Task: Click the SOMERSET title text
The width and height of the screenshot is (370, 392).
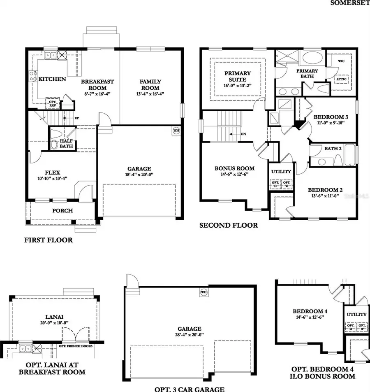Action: (350, 4)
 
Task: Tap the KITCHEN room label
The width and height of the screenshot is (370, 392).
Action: (52, 79)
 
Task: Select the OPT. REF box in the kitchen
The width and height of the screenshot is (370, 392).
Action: (53, 103)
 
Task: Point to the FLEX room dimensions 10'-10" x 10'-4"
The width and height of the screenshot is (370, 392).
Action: (51, 178)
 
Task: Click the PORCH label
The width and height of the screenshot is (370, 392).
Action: (62, 210)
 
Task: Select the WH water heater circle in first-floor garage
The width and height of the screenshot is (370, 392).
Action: (176, 130)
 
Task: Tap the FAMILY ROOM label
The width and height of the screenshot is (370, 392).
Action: (150, 85)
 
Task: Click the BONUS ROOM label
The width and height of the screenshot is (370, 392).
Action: (234, 168)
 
